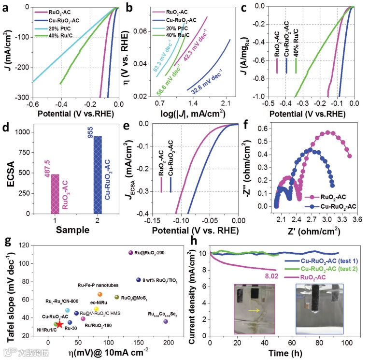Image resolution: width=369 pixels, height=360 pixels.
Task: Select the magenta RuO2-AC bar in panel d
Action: pos(55,193)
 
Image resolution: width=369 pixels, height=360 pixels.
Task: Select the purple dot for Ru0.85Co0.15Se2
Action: pos(166,321)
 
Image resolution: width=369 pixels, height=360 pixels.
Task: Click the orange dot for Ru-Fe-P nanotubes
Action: pos(100,294)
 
